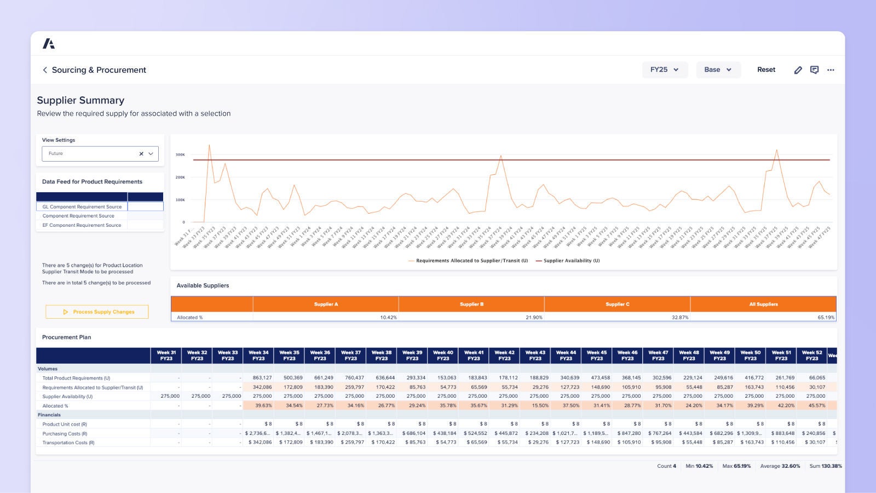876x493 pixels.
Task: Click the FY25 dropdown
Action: [x=664, y=70]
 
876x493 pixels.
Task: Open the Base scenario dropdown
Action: [x=718, y=70]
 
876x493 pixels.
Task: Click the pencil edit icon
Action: [x=798, y=70]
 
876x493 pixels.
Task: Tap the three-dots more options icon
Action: [x=831, y=70]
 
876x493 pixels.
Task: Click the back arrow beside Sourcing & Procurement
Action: [x=45, y=70]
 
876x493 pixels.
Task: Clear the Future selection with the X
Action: [x=141, y=154]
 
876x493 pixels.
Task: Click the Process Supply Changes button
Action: [x=97, y=312]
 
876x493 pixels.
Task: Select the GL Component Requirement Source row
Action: [x=82, y=207]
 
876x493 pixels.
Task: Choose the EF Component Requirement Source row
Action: [x=82, y=225]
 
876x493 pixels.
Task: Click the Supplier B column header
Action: [x=471, y=304]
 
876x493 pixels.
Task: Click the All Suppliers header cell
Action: [x=763, y=304]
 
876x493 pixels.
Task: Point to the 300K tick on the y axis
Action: [x=180, y=154]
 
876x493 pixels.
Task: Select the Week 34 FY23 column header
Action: [x=258, y=356]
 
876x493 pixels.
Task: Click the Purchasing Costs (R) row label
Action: [x=65, y=433]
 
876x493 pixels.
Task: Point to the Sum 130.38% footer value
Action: [x=826, y=466]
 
